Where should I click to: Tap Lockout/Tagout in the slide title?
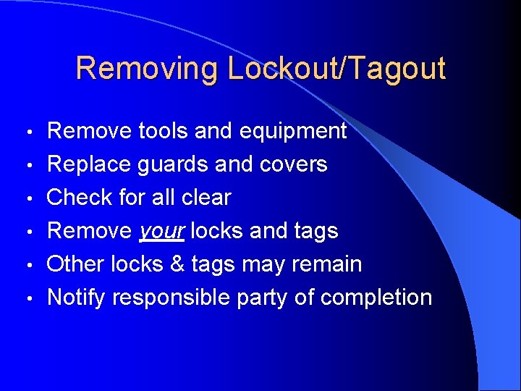pos(336,69)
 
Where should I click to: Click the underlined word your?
pos(162,231)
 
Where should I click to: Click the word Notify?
pos(78,297)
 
